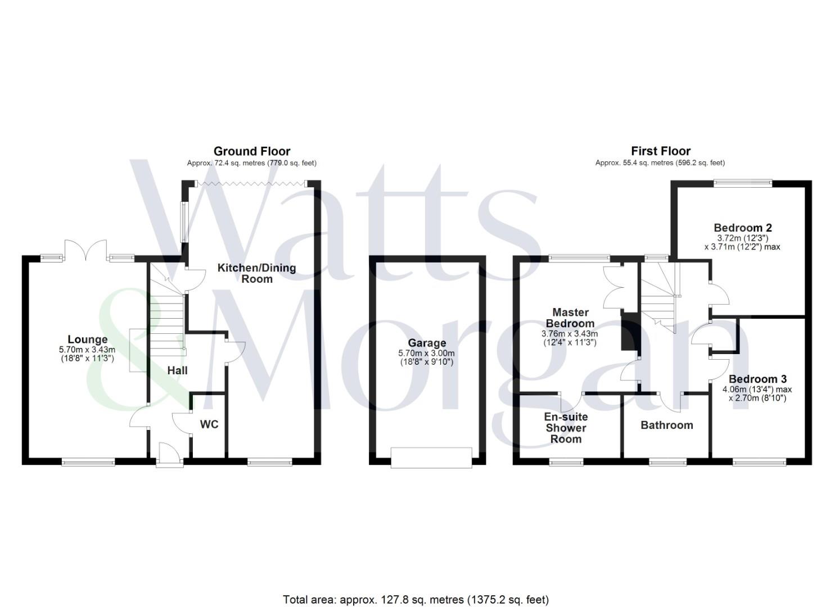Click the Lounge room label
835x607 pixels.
(87, 339)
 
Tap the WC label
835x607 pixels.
(209, 424)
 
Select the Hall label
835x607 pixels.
(177, 370)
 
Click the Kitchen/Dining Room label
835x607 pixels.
(256, 273)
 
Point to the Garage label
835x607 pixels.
(427, 343)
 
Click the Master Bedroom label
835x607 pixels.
(570, 318)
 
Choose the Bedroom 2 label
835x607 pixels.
(742, 228)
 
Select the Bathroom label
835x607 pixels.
(667, 425)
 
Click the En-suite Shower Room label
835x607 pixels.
(566, 428)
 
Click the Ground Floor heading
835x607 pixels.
(252, 151)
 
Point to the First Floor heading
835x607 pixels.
(661, 151)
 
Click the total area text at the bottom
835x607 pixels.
(416, 600)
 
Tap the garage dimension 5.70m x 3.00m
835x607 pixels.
(427, 353)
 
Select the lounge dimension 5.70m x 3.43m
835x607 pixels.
(87, 350)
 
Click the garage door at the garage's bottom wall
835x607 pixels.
(431, 457)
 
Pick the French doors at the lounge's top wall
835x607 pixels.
(85, 251)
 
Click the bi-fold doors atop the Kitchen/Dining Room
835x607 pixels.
(251, 183)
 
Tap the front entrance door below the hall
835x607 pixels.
(169, 455)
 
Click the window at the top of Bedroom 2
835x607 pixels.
(742, 182)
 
